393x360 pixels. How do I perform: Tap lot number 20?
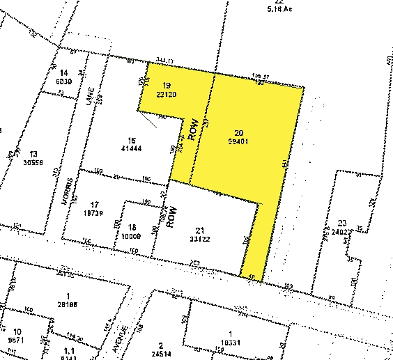coord(239,132)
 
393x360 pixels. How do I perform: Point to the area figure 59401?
coord(239,141)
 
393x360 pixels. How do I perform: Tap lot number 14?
coord(64,73)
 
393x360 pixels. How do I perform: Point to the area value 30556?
coord(32,162)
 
